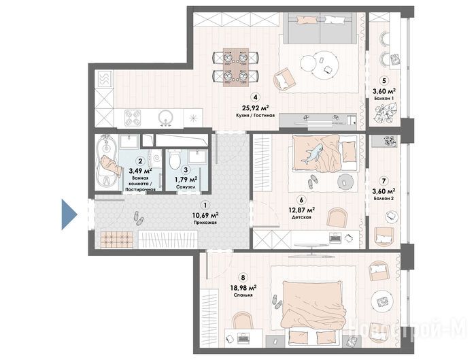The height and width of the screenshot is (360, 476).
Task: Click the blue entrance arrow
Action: pyautogui.click(x=69, y=214)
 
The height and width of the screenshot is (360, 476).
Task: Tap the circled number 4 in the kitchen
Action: pyautogui.click(x=255, y=97)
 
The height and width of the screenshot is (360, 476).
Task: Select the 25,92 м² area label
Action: pyautogui.click(x=255, y=108)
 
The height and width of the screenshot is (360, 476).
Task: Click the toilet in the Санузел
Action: pyautogui.click(x=174, y=159)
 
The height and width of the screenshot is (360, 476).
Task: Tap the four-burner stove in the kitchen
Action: pyautogui.click(x=133, y=118)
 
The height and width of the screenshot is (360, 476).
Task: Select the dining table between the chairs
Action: pyautogui.click(x=236, y=67)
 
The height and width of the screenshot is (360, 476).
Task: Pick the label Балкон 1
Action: pyautogui.click(x=384, y=99)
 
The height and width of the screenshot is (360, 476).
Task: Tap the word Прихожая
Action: pyautogui.click(x=205, y=223)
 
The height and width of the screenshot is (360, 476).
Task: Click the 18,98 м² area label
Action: pyautogui.click(x=243, y=287)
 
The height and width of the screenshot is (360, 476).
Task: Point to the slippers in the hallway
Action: pyautogui.click(x=138, y=218)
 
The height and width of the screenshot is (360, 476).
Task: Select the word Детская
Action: pyautogui.click(x=301, y=217)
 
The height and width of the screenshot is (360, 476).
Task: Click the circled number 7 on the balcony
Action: pyautogui.click(x=384, y=181)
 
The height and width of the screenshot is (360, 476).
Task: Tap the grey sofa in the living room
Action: pyautogui.click(x=320, y=29)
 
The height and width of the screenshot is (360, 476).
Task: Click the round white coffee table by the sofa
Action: pyautogui.click(x=319, y=65)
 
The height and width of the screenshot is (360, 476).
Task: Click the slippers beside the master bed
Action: pyautogui.click(x=277, y=301)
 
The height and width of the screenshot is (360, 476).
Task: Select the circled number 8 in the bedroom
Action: pyautogui.click(x=243, y=278)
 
